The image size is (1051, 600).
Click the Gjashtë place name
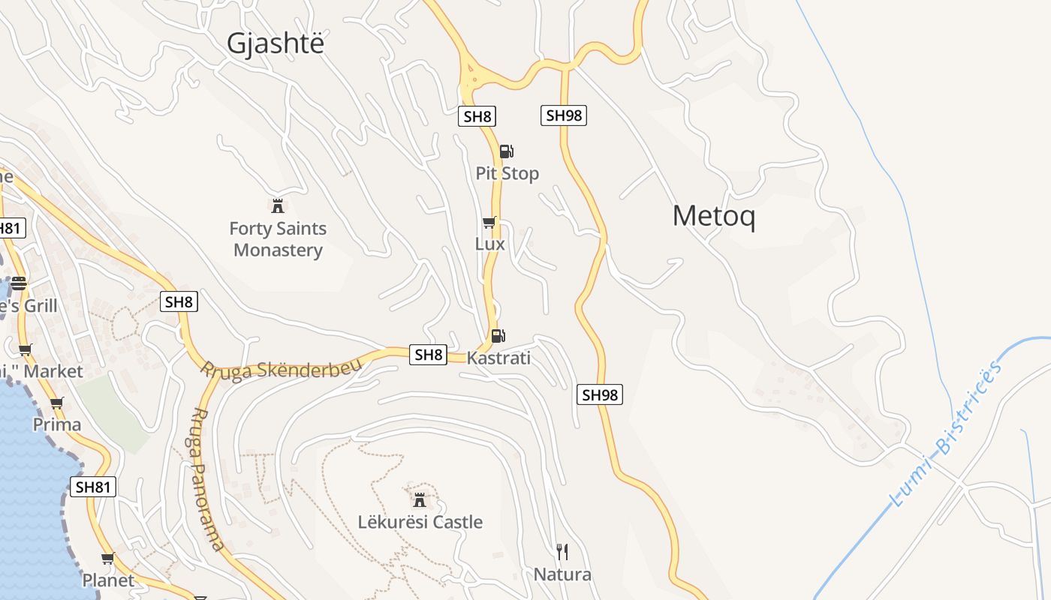point(276,43)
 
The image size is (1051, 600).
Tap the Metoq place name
point(713,216)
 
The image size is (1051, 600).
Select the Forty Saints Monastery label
point(278,239)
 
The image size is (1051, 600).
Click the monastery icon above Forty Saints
point(278,205)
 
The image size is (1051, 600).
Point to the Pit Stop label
point(507,173)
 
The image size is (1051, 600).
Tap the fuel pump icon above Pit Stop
point(507,151)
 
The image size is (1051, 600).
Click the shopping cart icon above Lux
point(489,223)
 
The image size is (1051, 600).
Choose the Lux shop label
point(490,244)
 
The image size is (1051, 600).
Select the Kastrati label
point(498,358)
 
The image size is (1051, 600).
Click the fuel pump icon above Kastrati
point(498,336)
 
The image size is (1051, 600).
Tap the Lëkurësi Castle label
point(420,522)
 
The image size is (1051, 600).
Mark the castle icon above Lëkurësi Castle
point(420,499)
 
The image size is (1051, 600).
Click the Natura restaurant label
point(562,574)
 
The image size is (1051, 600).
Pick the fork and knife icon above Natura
point(562,553)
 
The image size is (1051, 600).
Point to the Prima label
point(57,424)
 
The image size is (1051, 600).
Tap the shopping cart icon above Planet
point(108,559)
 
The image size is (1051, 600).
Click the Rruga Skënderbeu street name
point(281,368)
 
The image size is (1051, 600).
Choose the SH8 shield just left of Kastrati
point(429,355)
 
